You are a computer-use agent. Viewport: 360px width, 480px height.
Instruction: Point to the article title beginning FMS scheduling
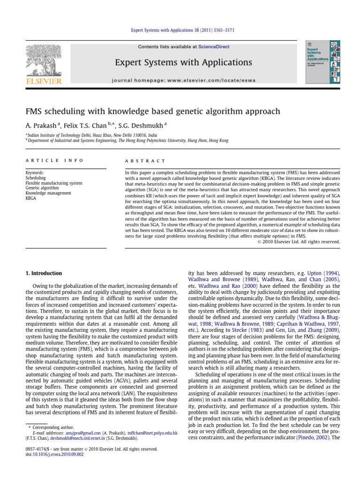pos(152,111)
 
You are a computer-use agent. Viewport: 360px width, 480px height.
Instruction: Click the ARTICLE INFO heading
pos(54,160)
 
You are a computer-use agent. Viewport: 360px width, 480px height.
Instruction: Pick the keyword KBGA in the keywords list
pos(31,198)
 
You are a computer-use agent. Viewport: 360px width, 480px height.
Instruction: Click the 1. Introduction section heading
pos(43,273)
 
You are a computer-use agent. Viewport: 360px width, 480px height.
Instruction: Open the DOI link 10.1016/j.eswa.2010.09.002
pos(54,454)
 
